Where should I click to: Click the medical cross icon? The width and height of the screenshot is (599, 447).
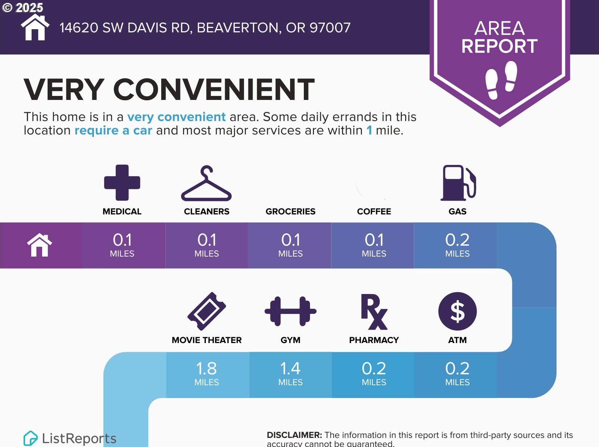pos(122,182)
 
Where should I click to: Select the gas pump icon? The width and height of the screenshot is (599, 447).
pos(458,183)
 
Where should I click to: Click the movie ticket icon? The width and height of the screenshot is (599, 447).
pos(207,311)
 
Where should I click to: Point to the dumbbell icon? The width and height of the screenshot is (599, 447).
pos(290,311)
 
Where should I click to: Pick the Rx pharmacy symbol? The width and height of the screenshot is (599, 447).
pos(374,311)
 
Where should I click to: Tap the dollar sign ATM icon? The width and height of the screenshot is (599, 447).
pos(457,311)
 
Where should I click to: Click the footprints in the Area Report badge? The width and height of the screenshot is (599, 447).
pos(501,80)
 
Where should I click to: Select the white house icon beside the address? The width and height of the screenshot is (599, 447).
pos(35,27)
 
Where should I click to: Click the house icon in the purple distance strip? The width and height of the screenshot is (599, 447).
pos(40,245)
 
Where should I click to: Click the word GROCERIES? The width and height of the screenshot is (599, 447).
pos(290,212)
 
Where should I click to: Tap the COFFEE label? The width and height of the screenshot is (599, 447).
pos(374,212)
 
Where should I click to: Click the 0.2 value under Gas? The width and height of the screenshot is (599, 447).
pos(457,240)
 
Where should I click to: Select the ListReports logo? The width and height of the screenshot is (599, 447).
pos(70,438)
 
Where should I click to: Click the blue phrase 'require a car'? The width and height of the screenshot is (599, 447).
pos(113,130)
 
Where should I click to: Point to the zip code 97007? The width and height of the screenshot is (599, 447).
pos(330,28)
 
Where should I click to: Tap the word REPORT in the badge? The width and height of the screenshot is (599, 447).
pos(500,46)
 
